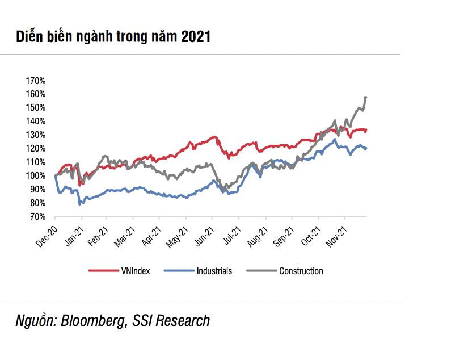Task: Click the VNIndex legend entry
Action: click(x=136, y=271)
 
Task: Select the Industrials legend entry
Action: click(x=214, y=271)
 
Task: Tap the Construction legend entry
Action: click(x=301, y=271)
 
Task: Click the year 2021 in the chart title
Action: click(x=196, y=37)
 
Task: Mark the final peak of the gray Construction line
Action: click(x=366, y=98)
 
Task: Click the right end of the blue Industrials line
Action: click(x=366, y=148)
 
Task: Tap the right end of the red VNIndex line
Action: click(x=366, y=130)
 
